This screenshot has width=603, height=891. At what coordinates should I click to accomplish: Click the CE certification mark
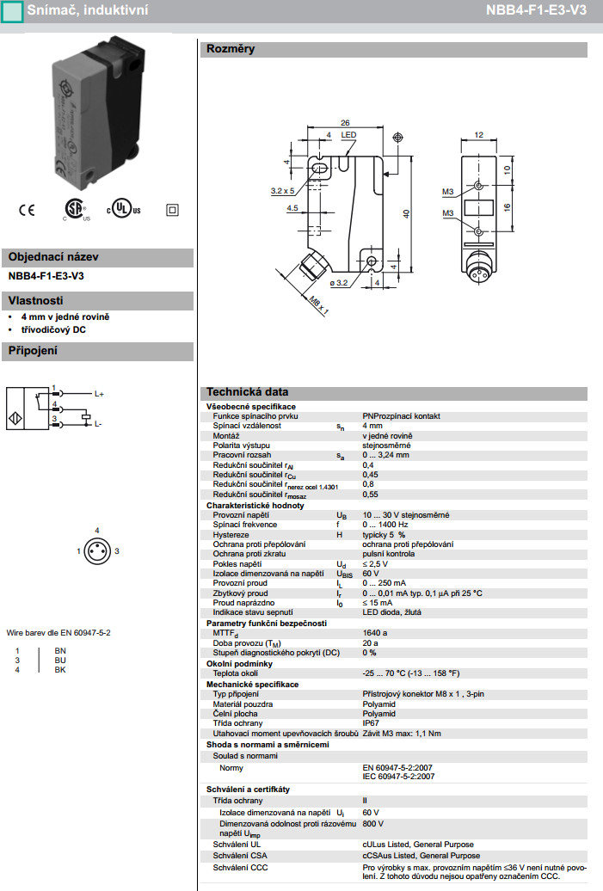[27, 209]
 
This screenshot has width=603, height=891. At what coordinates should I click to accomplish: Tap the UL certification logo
[123, 210]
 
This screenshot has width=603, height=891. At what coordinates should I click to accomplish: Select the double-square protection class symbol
[170, 209]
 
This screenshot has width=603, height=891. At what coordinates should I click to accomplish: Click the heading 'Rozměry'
[230, 49]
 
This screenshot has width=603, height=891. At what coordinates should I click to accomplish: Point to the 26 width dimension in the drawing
[345, 122]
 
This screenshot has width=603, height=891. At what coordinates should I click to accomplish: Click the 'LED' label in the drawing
[348, 136]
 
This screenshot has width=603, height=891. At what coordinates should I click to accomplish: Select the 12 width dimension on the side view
[480, 135]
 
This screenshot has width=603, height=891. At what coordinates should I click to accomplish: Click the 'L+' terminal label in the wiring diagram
[99, 394]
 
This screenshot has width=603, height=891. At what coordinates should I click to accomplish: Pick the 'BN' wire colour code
[60, 651]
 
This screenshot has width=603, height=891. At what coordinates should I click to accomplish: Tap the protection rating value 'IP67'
[371, 723]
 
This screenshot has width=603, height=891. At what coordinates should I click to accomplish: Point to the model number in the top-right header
[546, 10]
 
